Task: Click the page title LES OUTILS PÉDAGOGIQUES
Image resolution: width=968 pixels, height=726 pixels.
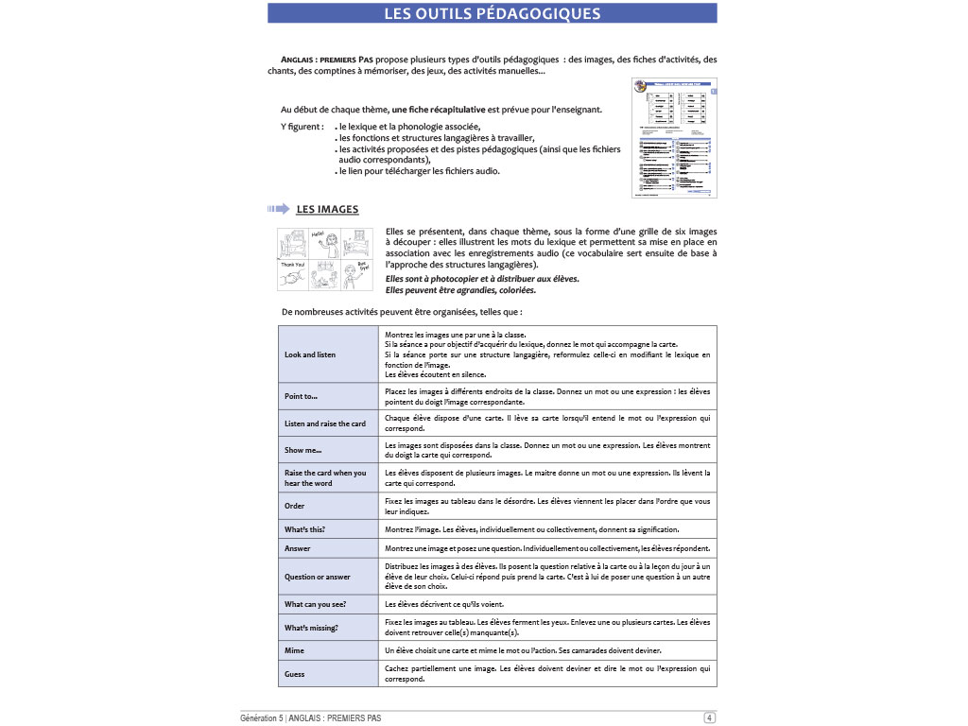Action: point(493,13)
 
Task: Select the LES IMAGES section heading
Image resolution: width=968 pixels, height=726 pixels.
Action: point(327,209)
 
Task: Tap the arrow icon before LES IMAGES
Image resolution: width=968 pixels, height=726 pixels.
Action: point(279,209)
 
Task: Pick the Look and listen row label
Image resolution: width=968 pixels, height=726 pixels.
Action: point(310,354)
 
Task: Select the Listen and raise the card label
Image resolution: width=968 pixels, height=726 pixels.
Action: point(325,423)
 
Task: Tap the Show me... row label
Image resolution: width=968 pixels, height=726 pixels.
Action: point(303,450)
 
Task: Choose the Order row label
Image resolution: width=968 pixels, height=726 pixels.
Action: point(295,505)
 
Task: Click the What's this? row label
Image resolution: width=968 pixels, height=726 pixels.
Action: point(311,529)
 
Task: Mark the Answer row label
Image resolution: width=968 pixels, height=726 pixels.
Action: point(298,548)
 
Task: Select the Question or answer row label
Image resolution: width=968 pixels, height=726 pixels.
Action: point(318,577)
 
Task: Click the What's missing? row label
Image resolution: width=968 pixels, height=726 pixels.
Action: point(312,628)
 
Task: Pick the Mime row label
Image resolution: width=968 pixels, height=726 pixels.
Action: point(295,650)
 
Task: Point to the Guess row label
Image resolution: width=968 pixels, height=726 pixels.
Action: point(296,674)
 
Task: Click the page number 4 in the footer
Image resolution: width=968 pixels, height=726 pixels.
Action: point(709,718)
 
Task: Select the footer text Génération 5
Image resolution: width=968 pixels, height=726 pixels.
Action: point(268,718)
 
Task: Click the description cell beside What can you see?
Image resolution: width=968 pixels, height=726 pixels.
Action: point(548,603)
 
